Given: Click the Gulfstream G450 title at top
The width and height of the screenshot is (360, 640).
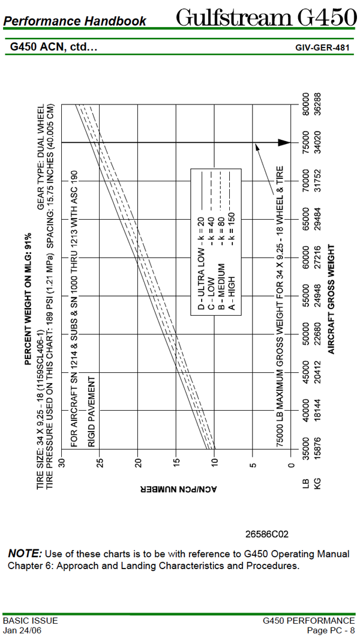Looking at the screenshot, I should [266, 18].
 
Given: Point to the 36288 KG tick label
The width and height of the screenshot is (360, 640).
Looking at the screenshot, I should [318, 104].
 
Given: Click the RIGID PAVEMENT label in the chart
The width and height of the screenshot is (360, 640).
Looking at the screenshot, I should [92, 412].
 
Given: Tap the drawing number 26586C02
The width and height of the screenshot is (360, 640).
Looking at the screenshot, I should [267, 533].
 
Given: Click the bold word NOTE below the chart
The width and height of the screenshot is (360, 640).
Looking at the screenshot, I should [25, 553].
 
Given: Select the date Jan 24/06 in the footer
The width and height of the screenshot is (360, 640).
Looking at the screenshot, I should [22, 630].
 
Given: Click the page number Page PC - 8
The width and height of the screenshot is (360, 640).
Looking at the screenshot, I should [331, 630].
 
